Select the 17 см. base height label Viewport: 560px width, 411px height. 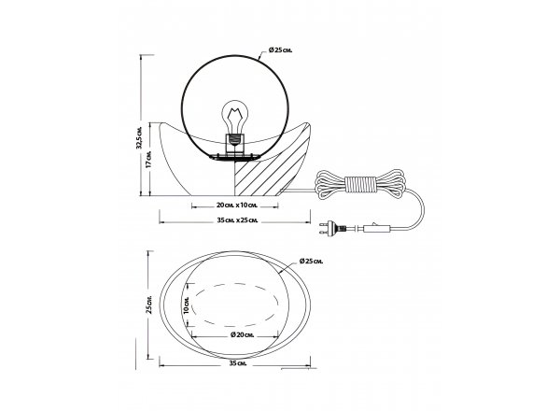[x=149, y=159]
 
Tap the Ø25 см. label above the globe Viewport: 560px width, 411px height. [x=280, y=50]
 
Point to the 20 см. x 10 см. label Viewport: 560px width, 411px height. [x=237, y=205]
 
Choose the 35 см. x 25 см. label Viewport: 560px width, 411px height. [x=237, y=220]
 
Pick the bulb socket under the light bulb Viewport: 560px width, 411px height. [x=234, y=144]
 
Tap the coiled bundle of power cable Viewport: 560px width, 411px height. [x=360, y=184]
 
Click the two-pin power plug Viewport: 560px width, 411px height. [x=332, y=228]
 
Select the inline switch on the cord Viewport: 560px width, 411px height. [x=377, y=228]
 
